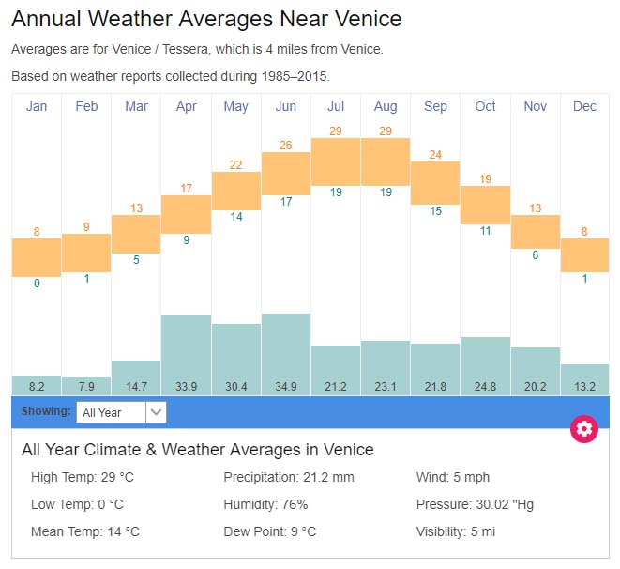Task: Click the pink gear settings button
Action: click(584, 429)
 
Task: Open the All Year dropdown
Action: click(121, 412)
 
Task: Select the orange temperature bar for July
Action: click(336, 161)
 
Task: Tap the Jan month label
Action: click(37, 106)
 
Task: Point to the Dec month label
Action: click(584, 106)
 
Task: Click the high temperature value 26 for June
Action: click(286, 145)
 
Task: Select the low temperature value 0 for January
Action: click(37, 284)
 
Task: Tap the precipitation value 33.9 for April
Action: click(186, 385)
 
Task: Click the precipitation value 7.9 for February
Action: click(86, 385)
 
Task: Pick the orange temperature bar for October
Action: click(485, 205)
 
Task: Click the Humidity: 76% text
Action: click(265, 504)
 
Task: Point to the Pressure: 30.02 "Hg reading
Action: click(475, 504)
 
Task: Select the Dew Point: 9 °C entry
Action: click(269, 531)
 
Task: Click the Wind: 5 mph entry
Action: click(453, 477)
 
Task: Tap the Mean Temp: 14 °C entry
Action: click(85, 531)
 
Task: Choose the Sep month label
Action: click(435, 106)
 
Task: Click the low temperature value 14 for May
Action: click(236, 217)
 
